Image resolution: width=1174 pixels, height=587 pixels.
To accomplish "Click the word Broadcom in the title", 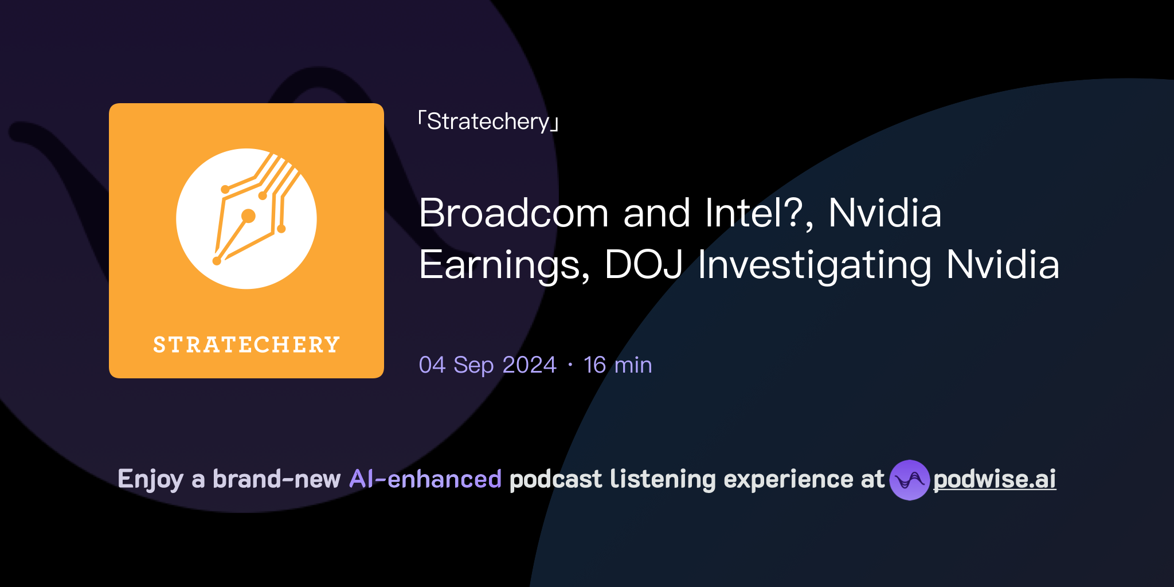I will [x=513, y=213].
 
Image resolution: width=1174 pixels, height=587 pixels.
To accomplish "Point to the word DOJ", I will [x=643, y=265].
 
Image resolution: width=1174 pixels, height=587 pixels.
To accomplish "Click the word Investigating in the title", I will [x=814, y=265].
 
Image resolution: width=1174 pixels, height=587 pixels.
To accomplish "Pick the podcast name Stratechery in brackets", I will [x=488, y=122].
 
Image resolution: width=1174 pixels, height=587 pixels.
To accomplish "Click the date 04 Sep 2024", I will [x=487, y=365].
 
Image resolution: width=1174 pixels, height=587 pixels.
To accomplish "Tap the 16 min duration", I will [x=617, y=365].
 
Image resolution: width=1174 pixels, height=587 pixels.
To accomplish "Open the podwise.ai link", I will [x=995, y=479].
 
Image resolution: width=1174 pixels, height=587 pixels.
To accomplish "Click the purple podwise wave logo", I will [x=909, y=480].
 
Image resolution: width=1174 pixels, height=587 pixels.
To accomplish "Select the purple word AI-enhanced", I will [x=425, y=479].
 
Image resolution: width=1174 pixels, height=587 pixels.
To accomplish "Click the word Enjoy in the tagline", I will [x=150, y=479].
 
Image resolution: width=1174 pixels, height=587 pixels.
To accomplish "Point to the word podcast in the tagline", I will [x=555, y=479].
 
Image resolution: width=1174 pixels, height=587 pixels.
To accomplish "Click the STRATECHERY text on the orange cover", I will [x=246, y=345].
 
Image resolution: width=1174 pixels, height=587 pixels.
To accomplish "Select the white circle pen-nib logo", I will [x=246, y=219].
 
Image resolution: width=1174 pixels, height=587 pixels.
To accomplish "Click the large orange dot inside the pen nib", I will [x=248, y=216].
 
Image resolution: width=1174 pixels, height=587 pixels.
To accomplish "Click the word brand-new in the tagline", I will [x=276, y=479].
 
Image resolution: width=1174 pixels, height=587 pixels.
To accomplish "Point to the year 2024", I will [x=529, y=365].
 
